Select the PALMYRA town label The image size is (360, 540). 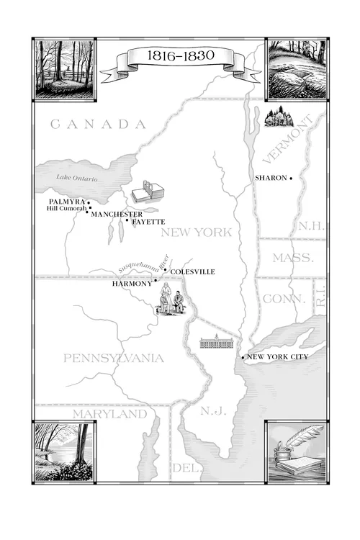pyautogui.click(x=67, y=201)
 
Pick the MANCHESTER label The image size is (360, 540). pyautogui.click(x=117, y=215)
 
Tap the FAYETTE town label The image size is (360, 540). pyautogui.click(x=148, y=222)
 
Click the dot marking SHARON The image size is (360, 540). pyautogui.click(x=290, y=178)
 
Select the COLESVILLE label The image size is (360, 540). pyautogui.click(x=192, y=272)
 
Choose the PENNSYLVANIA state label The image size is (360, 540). pyautogui.click(x=113, y=358)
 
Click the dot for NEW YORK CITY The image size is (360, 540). pyautogui.click(x=243, y=357)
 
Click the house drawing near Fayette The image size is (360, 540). pyautogui.click(x=148, y=192)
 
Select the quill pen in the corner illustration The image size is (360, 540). pyautogui.click(x=306, y=436)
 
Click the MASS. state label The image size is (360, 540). pyautogui.click(x=292, y=258)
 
